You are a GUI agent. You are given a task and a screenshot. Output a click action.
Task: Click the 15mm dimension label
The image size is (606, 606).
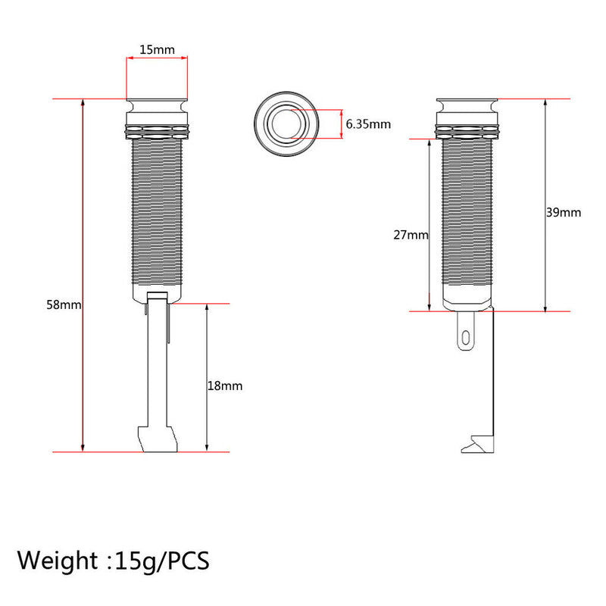click(157, 49)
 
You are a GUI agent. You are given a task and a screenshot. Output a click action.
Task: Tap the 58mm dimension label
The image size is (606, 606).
click(64, 305)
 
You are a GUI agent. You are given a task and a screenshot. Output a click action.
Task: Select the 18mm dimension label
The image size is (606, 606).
click(225, 386)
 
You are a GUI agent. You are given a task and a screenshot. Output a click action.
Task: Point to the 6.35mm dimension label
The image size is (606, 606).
click(368, 124)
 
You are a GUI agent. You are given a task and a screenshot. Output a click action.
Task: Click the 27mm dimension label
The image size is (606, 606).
click(411, 235)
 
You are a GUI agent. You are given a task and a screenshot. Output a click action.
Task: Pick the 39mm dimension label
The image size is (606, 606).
click(564, 212)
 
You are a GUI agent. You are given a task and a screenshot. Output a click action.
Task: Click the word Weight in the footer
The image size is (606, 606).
click(58, 561)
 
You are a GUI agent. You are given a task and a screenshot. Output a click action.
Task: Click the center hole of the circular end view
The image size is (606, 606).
click(286, 123)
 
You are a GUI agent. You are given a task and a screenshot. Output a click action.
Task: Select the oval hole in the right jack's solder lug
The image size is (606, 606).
click(466, 338)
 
